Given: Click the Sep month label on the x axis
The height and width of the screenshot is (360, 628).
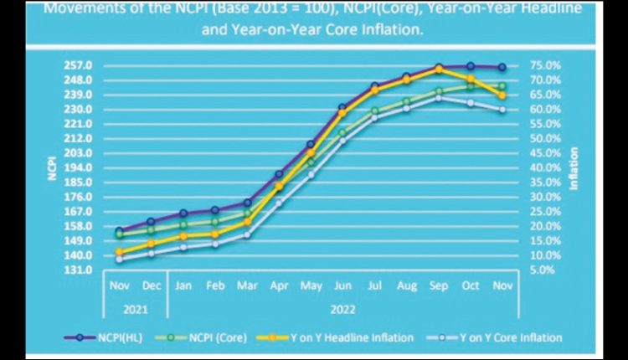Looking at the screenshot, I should point(438,285).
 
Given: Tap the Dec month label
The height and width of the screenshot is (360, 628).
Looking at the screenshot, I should point(152,285).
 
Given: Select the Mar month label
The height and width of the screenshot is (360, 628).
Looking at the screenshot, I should point(247,285).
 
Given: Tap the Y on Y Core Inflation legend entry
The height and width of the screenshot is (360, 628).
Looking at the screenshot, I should point(506,337).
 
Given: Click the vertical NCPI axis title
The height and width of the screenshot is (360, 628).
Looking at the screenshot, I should point(52,167).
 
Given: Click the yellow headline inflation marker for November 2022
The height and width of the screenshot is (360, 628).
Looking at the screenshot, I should point(502,95).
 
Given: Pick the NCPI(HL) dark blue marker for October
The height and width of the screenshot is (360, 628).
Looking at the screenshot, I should point(471,66).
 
